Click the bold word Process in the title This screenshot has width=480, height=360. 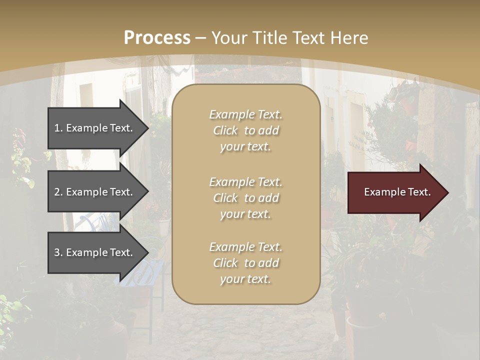pyautogui.click(x=157, y=38)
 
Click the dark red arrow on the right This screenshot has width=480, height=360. pyautogui.click(x=395, y=192)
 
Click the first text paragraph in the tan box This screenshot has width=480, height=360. pyautogui.click(x=245, y=130)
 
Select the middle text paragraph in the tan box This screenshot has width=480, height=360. pyautogui.click(x=245, y=198)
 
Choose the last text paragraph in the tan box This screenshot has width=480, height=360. pyautogui.click(x=245, y=263)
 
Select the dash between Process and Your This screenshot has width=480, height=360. pyautogui.click(x=201, y=38)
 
